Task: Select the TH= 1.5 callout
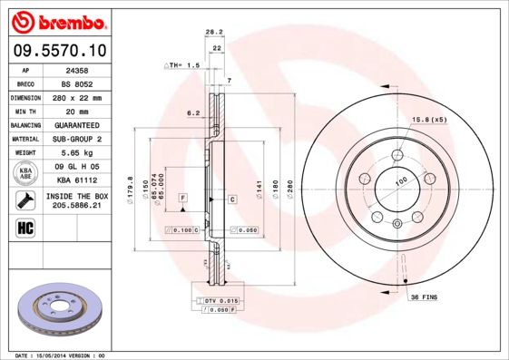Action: coord(181,66)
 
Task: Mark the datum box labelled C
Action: coord(232,198)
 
